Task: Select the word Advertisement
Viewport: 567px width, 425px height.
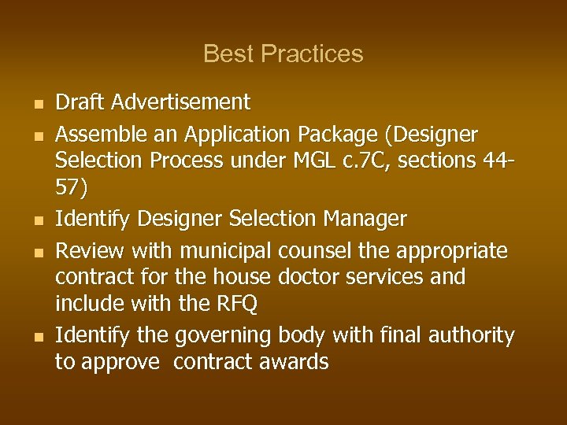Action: click(180, 102)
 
